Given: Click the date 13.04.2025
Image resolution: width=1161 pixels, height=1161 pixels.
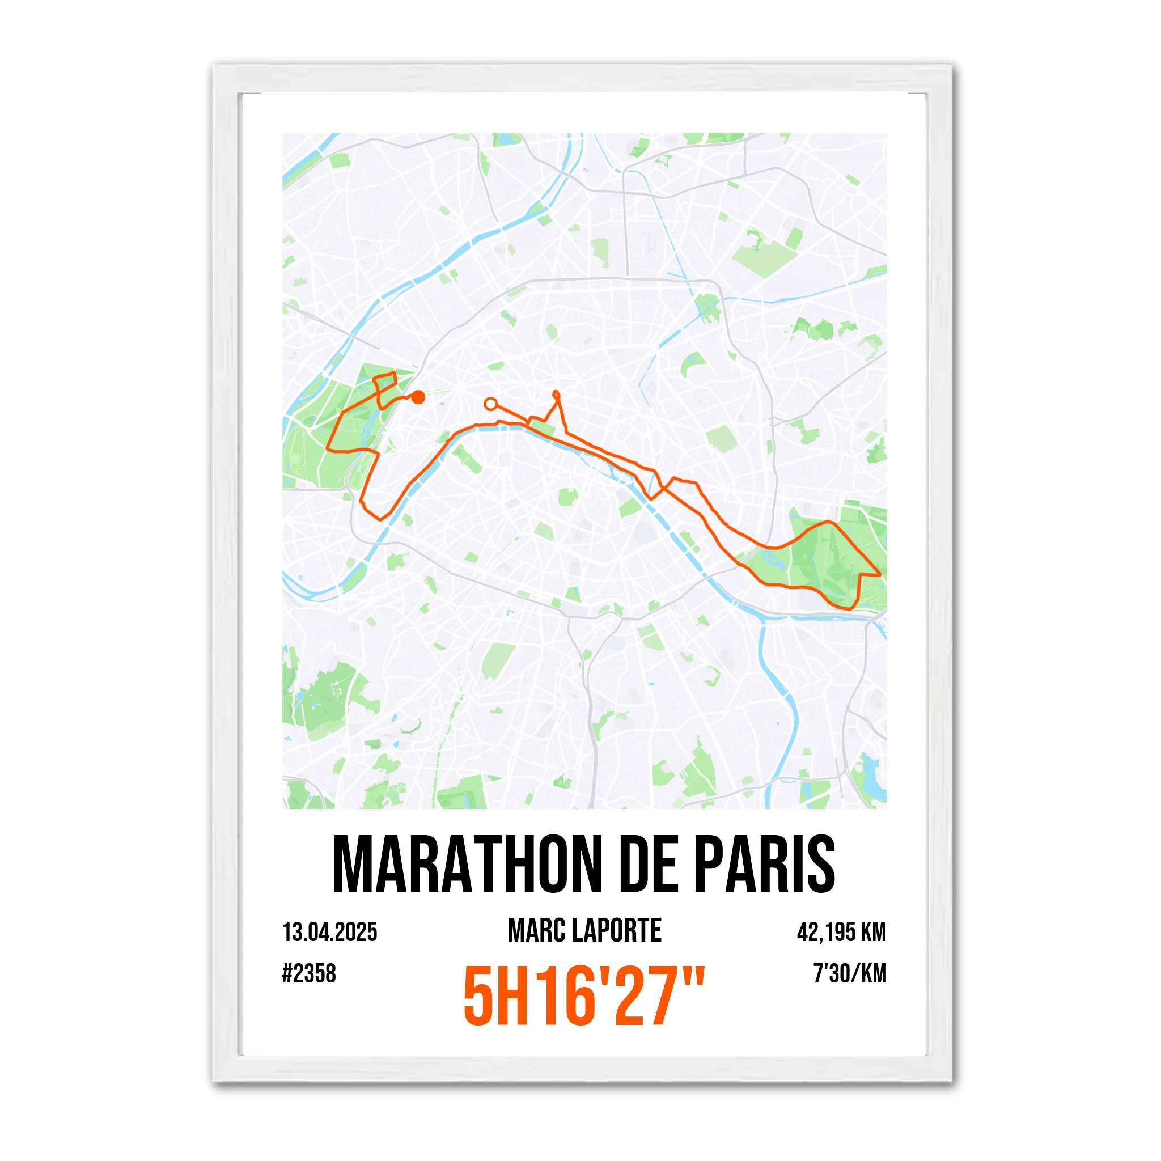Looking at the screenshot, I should [330, 932].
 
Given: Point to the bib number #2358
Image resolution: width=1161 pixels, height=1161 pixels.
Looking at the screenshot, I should [309, 973].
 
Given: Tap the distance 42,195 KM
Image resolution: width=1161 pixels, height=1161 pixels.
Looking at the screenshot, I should [841, 932].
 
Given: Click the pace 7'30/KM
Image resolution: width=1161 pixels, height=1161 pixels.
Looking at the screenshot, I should [850, 973].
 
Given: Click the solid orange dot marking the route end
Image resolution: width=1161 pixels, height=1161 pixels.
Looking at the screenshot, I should [419, 397].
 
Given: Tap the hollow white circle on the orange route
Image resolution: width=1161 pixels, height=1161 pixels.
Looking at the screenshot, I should [490, 404].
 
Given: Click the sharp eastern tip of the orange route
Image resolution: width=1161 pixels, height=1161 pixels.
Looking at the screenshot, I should [880, 575].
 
